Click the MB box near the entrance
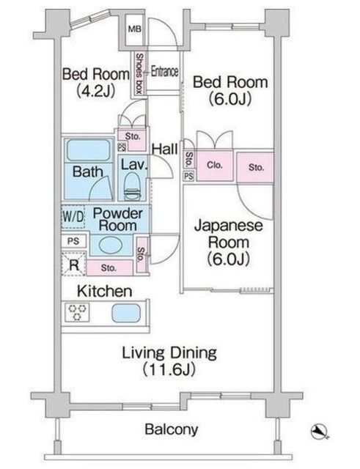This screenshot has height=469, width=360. coord(135,30)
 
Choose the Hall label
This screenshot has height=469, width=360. coord(166,149)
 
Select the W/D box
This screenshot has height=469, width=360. coord(73,218)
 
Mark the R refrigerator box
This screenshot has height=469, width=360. coord(74,265)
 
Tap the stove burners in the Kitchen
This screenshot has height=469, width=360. coord(78,313)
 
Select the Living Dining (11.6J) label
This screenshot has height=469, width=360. coord(169,362)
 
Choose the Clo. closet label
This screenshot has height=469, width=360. coord(214,166)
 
